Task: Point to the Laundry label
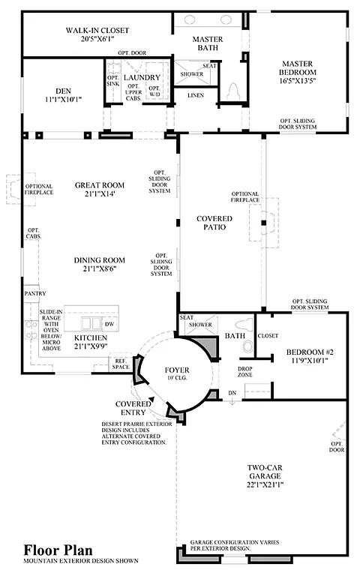[142, 77]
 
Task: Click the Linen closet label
[196, 95]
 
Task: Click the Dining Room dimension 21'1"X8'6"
[98, 270]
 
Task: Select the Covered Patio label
[214, 223]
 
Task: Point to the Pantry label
[35, 293]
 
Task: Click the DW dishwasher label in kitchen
[109, 324]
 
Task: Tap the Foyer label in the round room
[177, 370]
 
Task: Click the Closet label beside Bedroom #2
[267, 335]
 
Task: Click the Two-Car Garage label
[264, 473]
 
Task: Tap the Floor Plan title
[54, 550]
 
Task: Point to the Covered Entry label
[134, 408]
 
